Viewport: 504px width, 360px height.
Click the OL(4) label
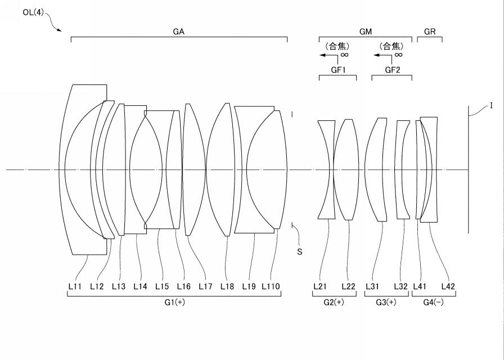coord(33,12)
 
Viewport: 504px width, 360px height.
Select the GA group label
coord(179,31)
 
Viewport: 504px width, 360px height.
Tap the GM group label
coord(366,31)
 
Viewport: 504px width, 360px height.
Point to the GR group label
coord(430,31)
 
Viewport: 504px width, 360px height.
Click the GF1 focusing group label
coord(338,70)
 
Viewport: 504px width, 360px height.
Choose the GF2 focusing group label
coord(393,70)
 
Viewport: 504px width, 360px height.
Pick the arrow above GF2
coord(383,55)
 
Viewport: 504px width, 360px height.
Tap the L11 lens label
coord(75,286)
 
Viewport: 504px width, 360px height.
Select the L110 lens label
coord(271,286)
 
